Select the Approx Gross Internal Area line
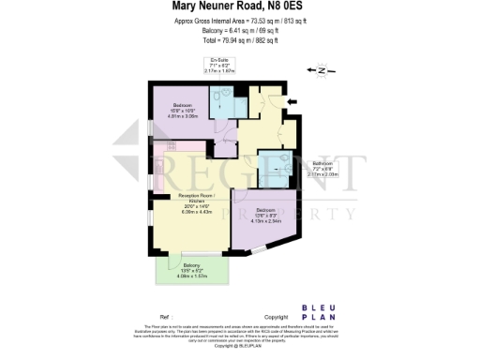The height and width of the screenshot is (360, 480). tap(239, 21)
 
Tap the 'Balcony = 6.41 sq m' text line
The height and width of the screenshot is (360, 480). tap(239, 31)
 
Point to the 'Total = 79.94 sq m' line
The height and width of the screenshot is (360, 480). tap(239, 41)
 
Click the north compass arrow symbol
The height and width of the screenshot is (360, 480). tap(322, 70)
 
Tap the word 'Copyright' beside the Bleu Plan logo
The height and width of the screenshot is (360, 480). tap(277, 317)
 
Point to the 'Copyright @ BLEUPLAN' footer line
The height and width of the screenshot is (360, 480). tap(240, 346)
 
